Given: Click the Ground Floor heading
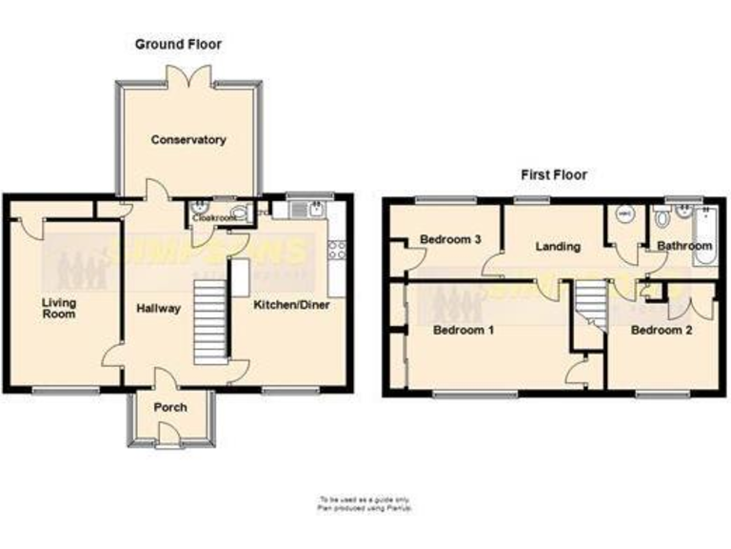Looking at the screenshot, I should [178, 44].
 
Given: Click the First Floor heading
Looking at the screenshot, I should [553, 174].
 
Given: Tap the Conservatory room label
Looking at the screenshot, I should [188, 140].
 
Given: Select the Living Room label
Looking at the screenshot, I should [59, 307].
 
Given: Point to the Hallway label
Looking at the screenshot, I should [158, 308].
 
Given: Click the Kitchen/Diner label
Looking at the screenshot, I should [290, 306].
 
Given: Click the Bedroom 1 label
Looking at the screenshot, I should [464, 331].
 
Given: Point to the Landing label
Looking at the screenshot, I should [558, 247].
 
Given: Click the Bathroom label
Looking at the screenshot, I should [684, 246].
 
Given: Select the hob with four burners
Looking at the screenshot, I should [337, 250].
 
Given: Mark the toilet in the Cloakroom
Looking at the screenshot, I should [237, 213].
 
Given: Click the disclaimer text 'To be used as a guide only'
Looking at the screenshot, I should [365, 498].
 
